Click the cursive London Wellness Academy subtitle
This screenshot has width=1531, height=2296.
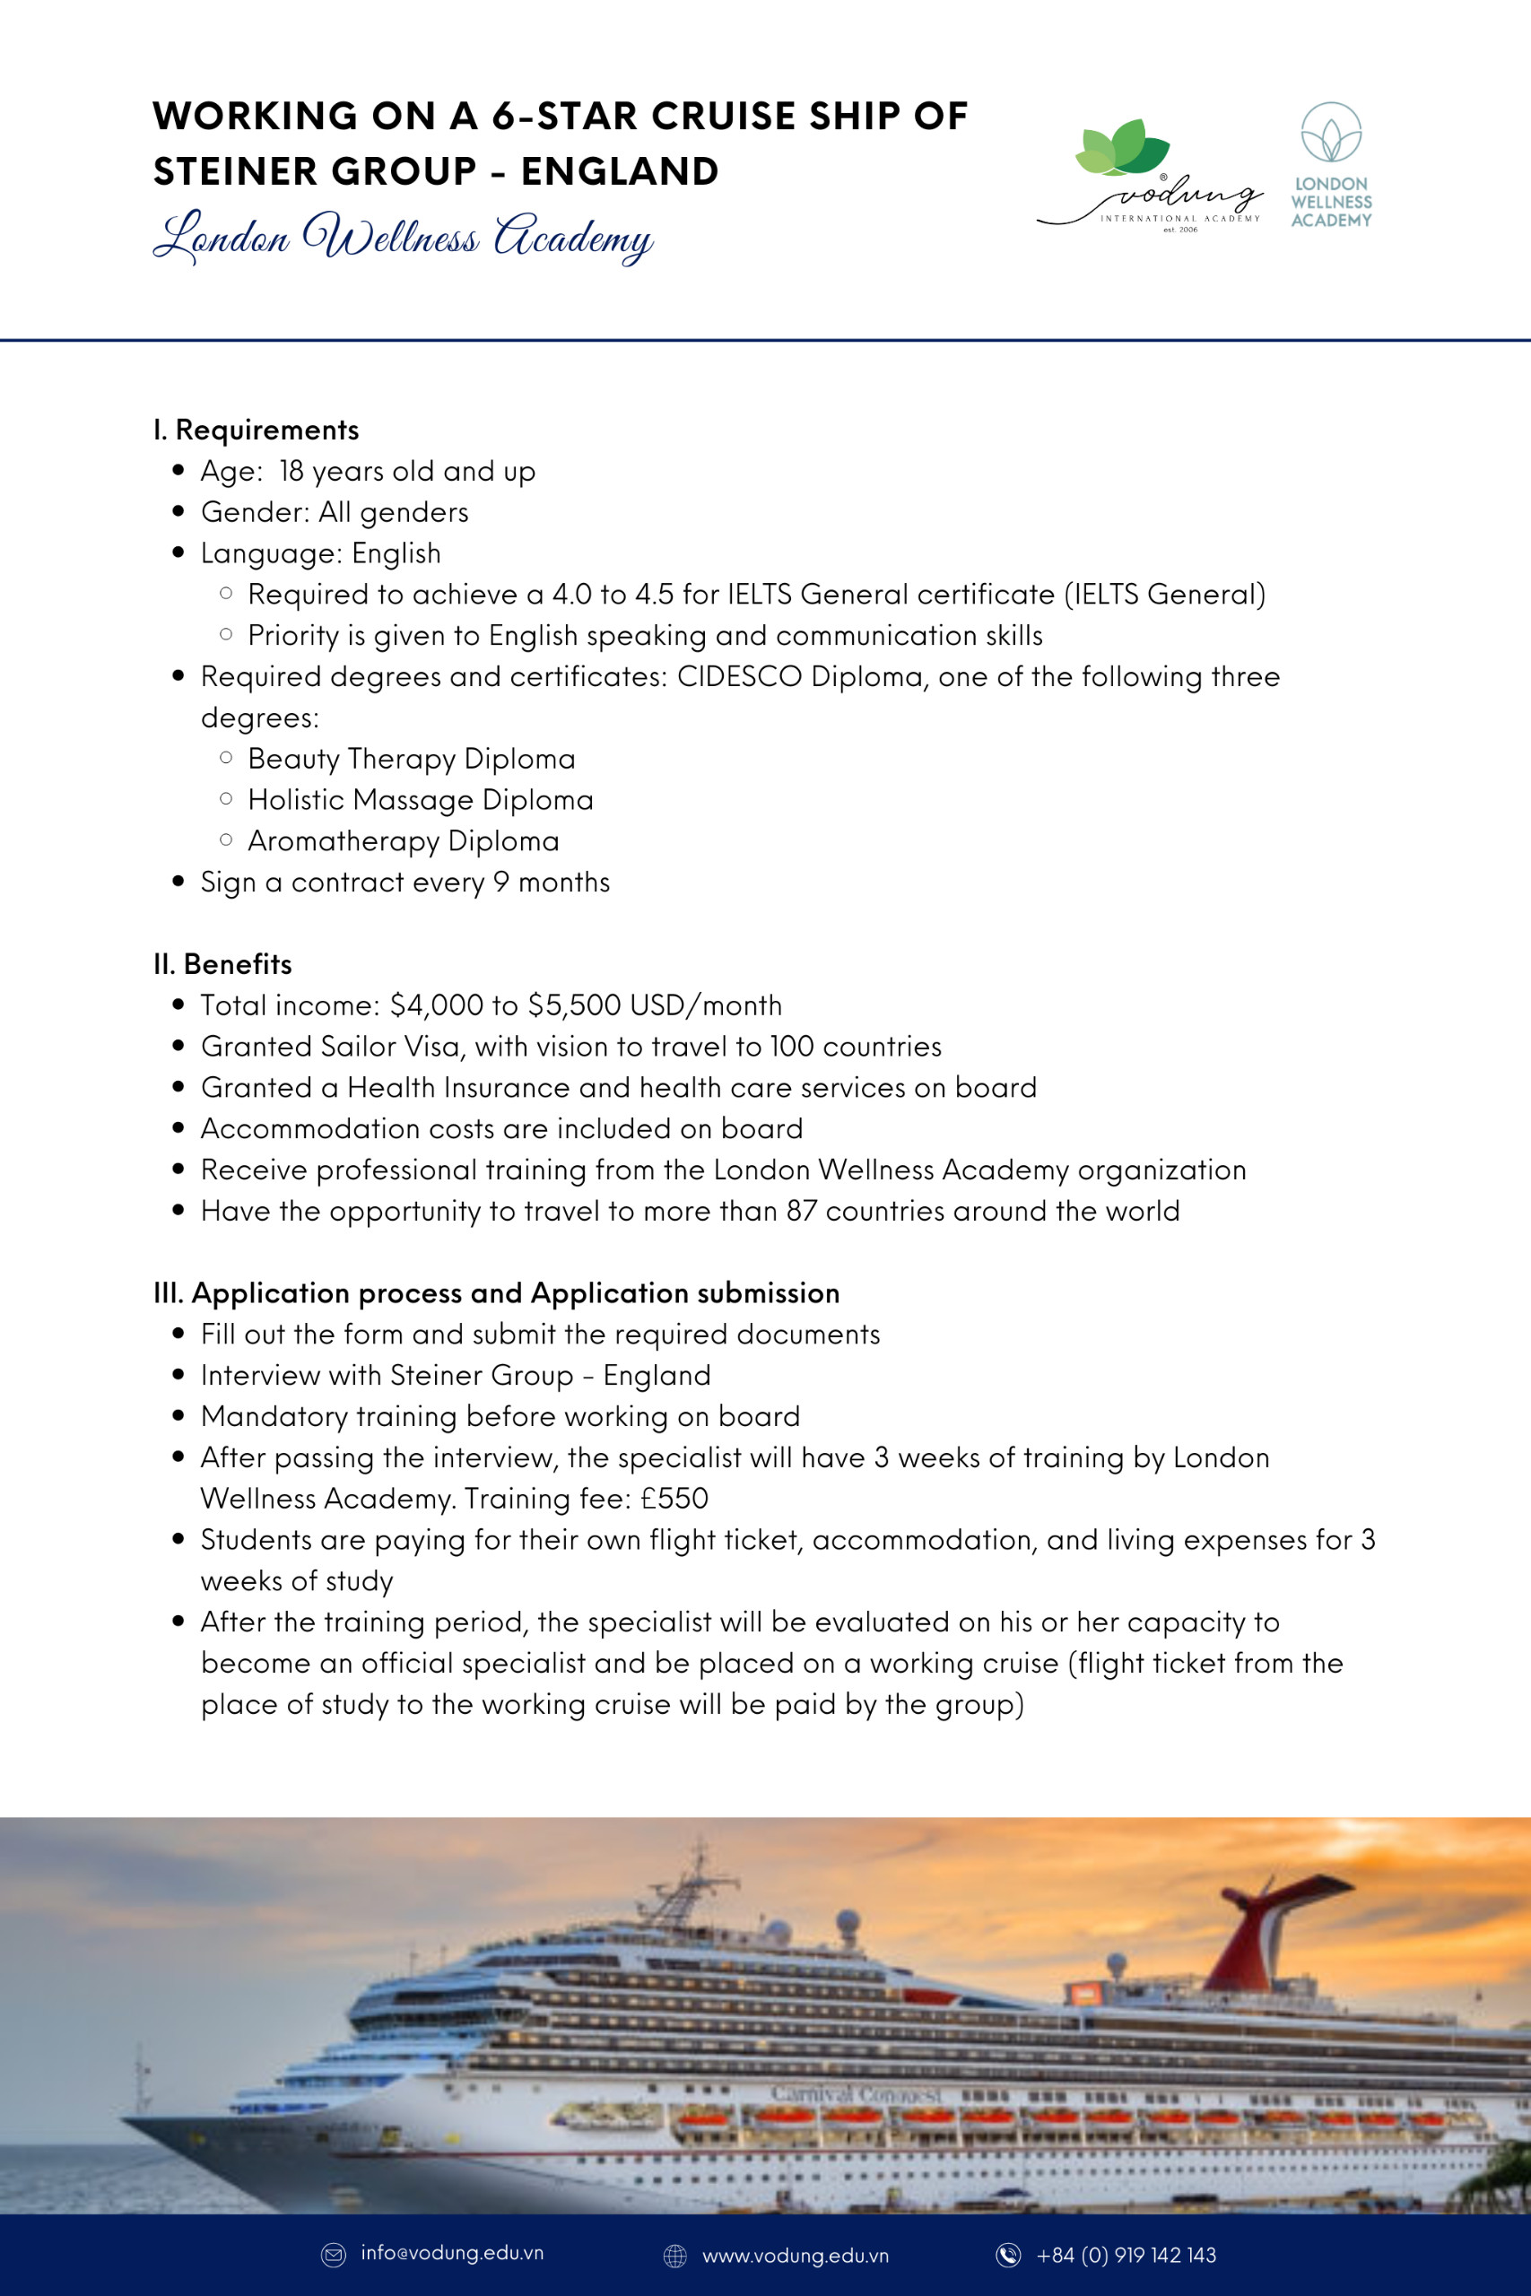(403, 237)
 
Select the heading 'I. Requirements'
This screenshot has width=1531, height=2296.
(256, 430)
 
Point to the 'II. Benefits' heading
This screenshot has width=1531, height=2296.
(222, 963)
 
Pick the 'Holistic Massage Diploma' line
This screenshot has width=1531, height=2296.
(420, 799)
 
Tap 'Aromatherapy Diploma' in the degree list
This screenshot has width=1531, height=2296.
(404, 840)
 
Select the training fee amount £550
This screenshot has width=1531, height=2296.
(674, 1498)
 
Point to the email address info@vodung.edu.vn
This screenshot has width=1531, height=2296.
(451, 2252)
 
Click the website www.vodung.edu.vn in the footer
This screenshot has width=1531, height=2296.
(795, 2255)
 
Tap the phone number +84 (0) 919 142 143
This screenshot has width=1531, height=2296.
(1126, 2255)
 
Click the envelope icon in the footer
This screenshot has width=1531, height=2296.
(334, 2255)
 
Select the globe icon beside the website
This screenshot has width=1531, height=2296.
(674, 2255)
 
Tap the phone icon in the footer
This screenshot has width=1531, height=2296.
(1007, 2255)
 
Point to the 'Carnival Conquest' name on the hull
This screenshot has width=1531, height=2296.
(856, 2095)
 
